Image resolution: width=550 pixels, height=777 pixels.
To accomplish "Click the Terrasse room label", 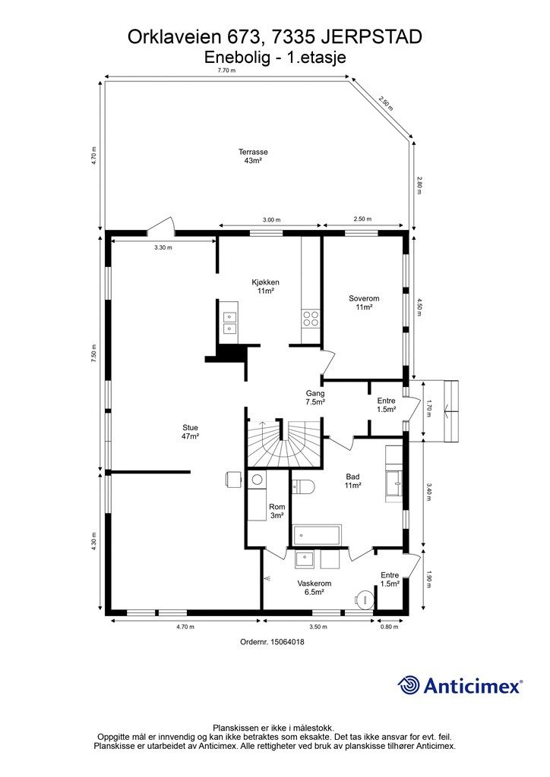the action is click(253, 156).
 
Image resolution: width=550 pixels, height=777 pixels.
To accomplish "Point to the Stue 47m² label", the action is click(191, 432).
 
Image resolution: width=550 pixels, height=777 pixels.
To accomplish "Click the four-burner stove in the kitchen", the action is click(311, 318).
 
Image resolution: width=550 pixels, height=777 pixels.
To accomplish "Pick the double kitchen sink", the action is click(229, 322).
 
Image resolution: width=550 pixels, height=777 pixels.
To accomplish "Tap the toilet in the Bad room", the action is click(302, 487).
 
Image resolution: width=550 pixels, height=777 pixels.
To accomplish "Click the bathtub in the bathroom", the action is click(317, 535).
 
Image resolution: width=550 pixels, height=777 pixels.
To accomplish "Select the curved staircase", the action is click(283, 444).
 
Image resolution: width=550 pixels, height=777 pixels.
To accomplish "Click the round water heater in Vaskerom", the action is click(365, 598).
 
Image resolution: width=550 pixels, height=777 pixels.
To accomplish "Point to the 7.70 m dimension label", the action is click(226, 71).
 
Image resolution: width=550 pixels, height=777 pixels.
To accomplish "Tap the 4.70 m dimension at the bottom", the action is click(185, 627).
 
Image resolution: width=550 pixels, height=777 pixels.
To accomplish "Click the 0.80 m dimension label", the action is click(389, 627).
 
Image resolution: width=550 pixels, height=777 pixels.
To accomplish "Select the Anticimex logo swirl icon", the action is click(409, 686).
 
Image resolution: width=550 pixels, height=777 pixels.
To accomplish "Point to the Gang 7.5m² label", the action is click(315, 398).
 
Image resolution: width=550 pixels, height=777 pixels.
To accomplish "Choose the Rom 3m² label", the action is click(277, 511).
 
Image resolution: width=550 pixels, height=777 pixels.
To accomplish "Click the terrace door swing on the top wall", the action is click(161, 225).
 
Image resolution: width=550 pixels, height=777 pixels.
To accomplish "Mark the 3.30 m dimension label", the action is click(163, 247).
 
